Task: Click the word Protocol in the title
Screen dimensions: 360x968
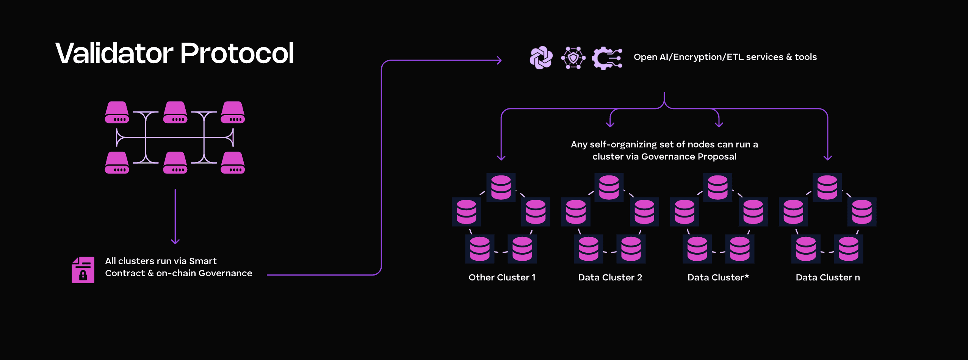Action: [237, 53]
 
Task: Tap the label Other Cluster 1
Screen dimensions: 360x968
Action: [502, 277]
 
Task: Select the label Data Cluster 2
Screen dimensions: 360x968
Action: [610, 277]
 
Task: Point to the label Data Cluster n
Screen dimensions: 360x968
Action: [827, 277]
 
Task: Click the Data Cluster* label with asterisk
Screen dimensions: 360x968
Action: [718, 277]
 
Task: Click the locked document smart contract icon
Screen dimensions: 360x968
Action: [83, 270]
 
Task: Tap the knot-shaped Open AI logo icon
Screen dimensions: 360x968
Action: [541, 58]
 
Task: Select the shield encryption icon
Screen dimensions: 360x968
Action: [573, 58]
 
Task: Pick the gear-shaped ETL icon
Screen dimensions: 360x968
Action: [606, 58]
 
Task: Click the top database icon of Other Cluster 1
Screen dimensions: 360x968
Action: [501, 187]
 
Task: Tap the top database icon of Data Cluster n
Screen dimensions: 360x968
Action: [827, 187]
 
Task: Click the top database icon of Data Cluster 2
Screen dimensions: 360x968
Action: [609, 187]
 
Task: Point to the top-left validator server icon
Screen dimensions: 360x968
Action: [117, 112]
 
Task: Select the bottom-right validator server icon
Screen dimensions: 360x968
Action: [233, 163]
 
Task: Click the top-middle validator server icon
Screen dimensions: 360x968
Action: [175, 112]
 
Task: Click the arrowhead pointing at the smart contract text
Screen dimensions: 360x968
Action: [175, 241]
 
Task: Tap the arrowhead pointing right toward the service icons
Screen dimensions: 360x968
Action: [499, 60]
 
